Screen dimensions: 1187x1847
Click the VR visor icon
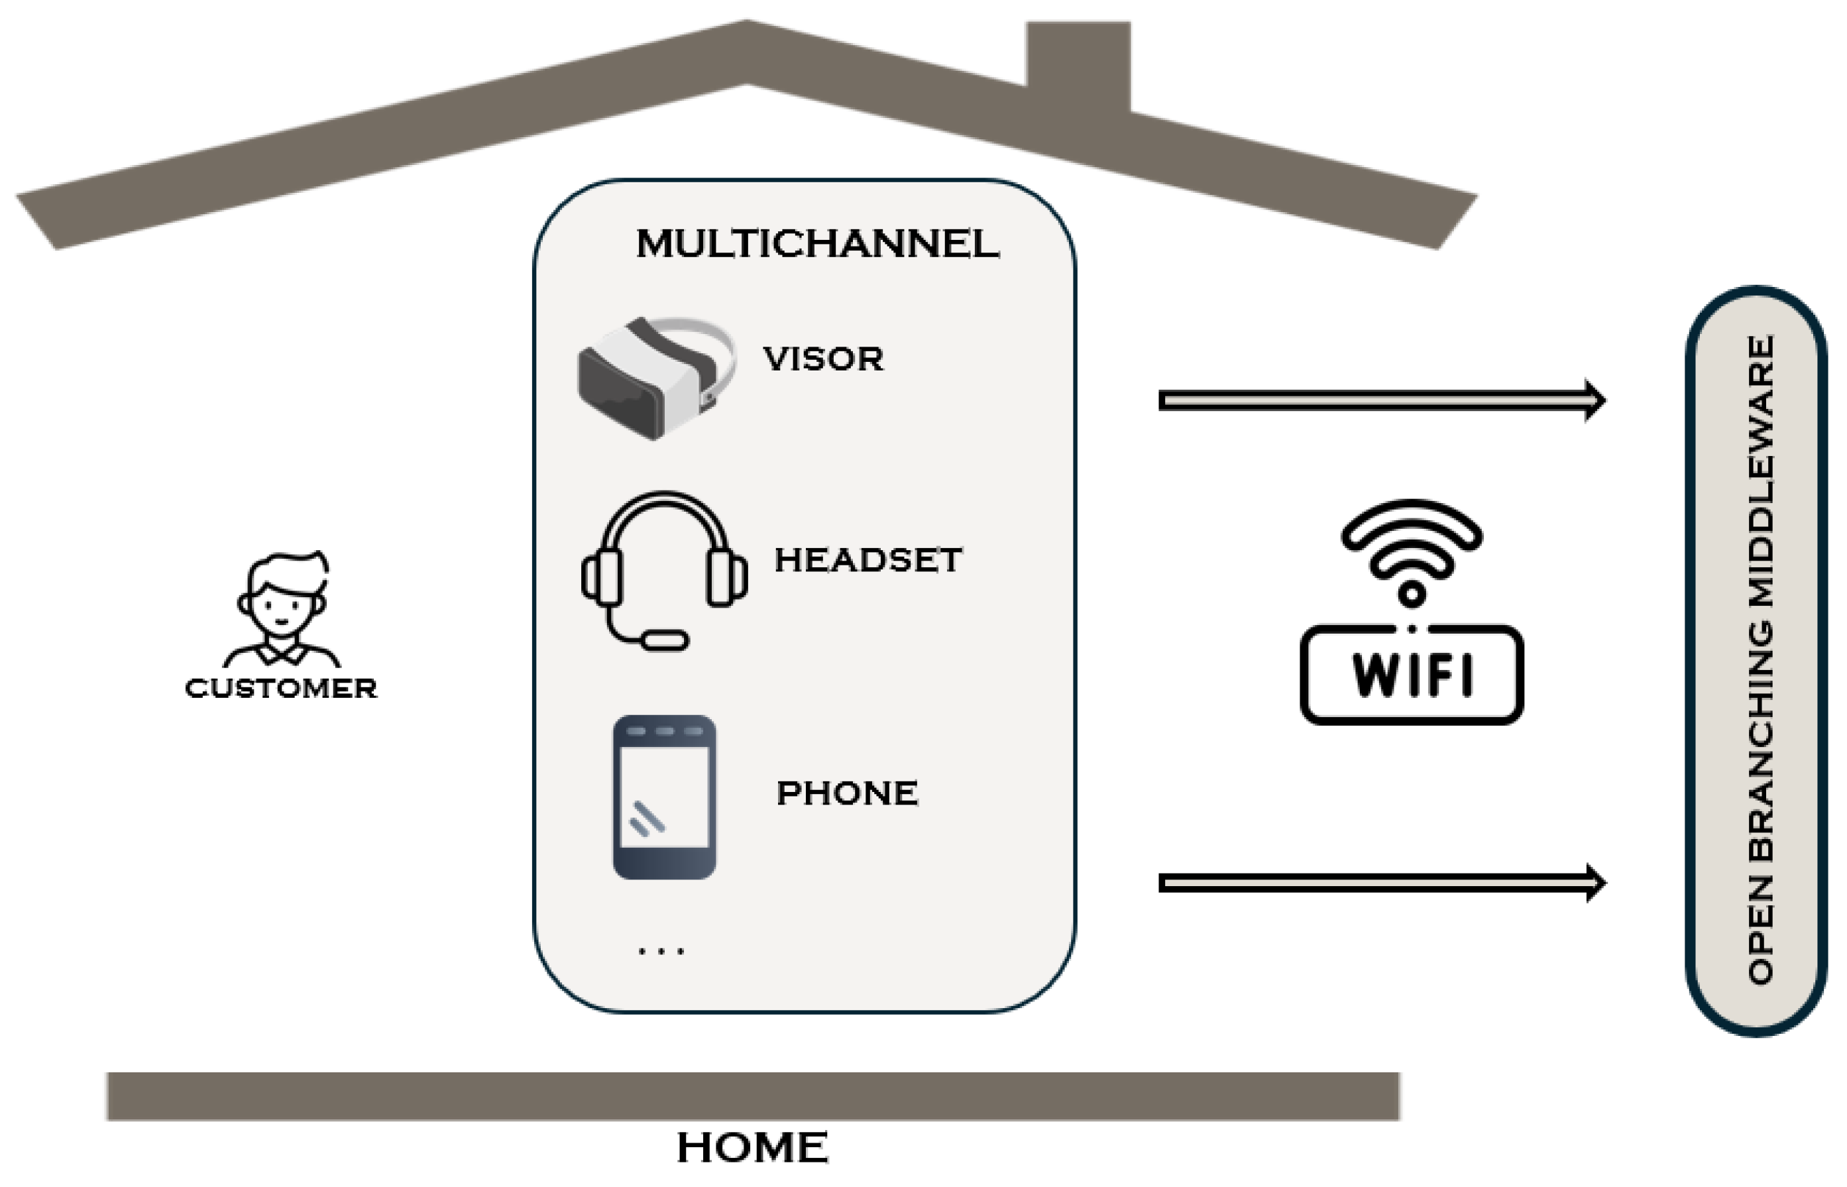(655, 377)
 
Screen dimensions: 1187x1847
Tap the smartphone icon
(664, 798)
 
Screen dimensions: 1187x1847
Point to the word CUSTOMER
(281, 689)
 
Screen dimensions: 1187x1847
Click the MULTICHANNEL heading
(816, 245)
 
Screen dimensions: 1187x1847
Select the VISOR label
(823, 359)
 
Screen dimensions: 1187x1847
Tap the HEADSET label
(868, 560)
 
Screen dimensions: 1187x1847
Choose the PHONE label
(847, 793)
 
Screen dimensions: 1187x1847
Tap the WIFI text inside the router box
(1412, 675)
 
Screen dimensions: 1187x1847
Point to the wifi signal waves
(1412, 547)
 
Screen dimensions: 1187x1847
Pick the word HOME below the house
(752, 1148)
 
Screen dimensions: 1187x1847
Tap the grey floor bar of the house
(752, 1096)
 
